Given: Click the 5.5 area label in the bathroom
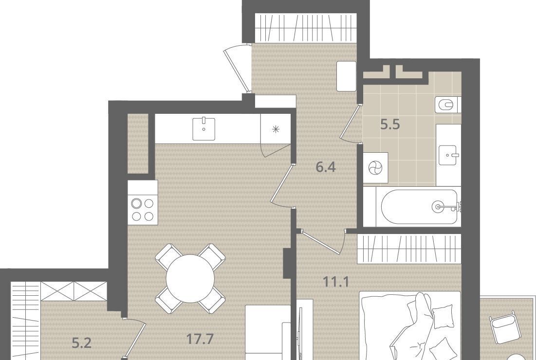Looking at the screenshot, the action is point(390,125).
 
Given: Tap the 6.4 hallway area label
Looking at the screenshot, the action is point(326,167).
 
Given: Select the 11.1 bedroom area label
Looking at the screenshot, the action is point(336,282).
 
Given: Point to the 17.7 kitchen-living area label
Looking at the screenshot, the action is point(200,339).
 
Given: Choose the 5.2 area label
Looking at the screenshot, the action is point(82,342).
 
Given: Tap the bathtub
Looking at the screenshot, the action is point(419,207).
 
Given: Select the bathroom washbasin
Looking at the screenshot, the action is point(448,155).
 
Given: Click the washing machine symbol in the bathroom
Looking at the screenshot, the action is point(375,168).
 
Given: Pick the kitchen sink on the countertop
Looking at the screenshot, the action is point(203,129).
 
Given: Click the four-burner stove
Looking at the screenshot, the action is point(143,209).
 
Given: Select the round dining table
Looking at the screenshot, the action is point(190,278).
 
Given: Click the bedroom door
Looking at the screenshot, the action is point(321,241).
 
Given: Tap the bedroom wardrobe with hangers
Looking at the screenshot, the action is point(409,249).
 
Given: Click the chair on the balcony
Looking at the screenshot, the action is point(503,327).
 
